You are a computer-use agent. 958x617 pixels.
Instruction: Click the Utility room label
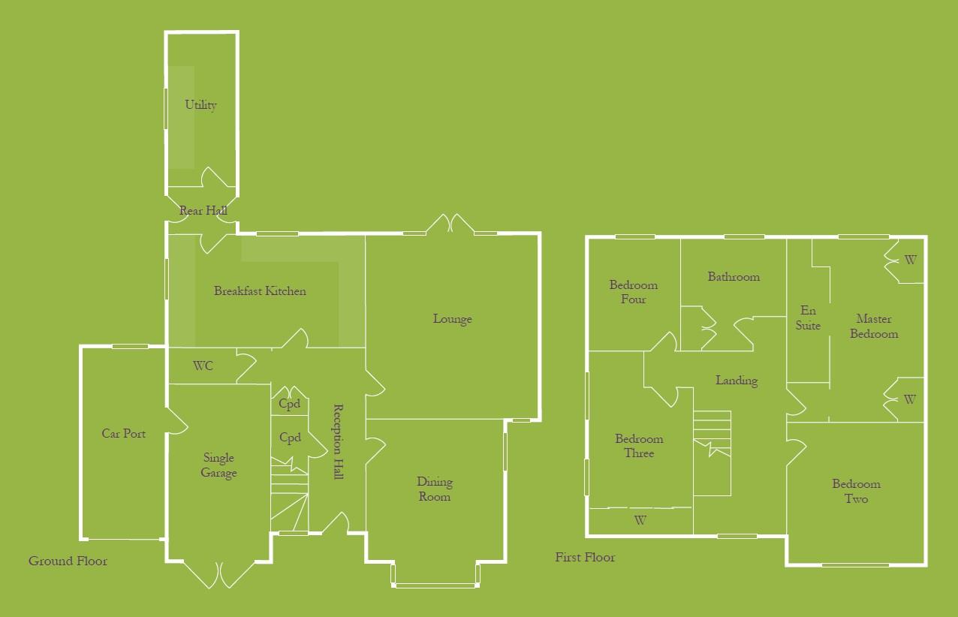[x=201, y=105]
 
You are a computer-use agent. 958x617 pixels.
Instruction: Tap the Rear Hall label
[x=203, y=212]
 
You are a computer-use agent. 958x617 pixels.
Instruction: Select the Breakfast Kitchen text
[x=260, y=291]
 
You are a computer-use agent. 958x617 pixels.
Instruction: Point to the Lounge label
[x=452, y=319]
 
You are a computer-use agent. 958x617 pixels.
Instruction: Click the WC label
[x=203, y=366]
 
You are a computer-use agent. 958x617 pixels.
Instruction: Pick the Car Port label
[x=124, y=434]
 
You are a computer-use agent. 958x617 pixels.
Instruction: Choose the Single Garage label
[x=218, y=465]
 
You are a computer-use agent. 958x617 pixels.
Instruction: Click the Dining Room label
[x=435, y=489]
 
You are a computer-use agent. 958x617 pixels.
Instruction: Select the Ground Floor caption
[x=68, y=561]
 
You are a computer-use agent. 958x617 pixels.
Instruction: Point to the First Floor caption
[x=585, y=557]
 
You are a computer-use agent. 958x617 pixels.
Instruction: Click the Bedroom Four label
[x=633, y=292]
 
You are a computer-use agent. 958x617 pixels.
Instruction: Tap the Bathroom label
[x=734, y=277]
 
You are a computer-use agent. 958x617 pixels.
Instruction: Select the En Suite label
[x=808, y=318]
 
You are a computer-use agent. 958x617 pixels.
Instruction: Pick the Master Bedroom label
[x=874, y=327]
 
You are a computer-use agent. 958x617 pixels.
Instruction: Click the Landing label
[x=736, y=381]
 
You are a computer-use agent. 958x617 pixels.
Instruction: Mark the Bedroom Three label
[x=639, y=446]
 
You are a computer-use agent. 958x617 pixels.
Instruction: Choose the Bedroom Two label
[x=856, y=492]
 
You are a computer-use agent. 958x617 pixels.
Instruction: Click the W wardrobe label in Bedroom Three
[x=640, y=519]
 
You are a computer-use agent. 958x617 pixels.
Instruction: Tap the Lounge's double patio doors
[x=449, y=224]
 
